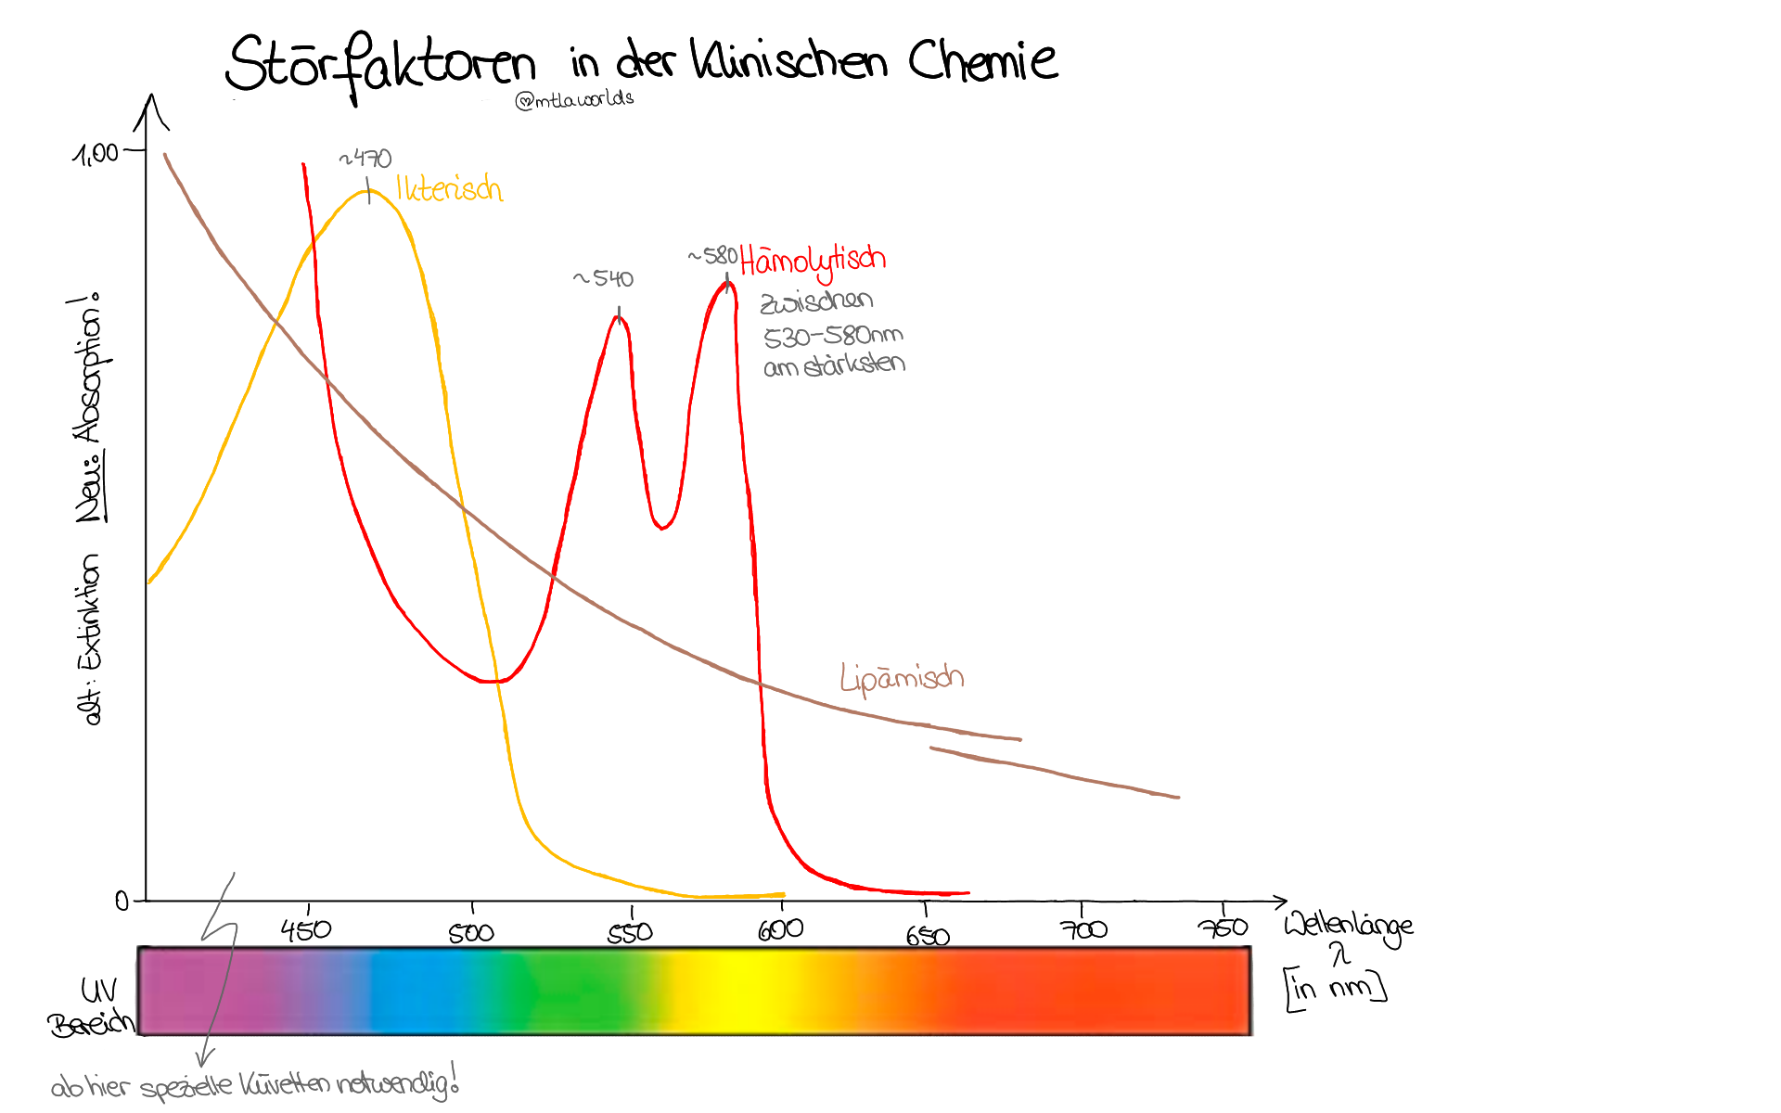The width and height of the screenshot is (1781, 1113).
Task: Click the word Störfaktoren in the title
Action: pyautogui.click(x=380, y=65)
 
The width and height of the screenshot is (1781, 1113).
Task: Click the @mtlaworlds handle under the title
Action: pyautogui.click(x=575, y=99)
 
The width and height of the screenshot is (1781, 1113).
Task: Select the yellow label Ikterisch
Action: pyautogui.click(x=449, y=188)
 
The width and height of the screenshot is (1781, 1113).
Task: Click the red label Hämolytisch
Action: pyautogui.click(x=814, y=261)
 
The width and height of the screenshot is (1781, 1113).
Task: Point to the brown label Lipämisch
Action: pyautogui.click(x=902, y=678)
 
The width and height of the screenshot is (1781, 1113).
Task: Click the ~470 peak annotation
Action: pyautogui.click(x=365, y=159)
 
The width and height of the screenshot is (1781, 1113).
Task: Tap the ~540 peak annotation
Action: pyautogui.click(x=604, y=278)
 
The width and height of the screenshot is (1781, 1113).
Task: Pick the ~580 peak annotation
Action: pyautogui.click(x=712, y=255)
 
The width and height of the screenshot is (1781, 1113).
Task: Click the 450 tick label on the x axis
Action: pyautogui.click(x=306, y=929)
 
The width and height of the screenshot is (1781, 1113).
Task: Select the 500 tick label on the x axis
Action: pyautogui.click(x=471, y=932)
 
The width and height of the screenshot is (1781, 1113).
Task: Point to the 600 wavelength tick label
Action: pyautogui.click(x=780, y=929)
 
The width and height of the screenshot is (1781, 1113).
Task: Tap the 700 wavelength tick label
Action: pyautogui.click(x=1083, y=929)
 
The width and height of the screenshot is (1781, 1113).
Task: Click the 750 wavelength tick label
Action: pyautogui.click(x=1223, y=927)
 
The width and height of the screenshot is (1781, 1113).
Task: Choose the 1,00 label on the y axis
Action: pyautogui.click(x=96, y=153)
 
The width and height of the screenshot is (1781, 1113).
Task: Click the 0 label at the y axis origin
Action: pyautogui.click(x=122, y=901)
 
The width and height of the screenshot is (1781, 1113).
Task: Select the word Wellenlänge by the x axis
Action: pyautogui.click(x=1348, y=926)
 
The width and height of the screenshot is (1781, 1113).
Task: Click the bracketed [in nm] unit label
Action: pyautogui.click(x=1336, y=989)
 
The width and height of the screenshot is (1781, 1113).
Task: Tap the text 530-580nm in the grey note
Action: pyautogui.click(x=832, y=335)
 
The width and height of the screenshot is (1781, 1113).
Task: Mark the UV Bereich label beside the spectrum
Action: pyautogui.click(x=93, y=1007)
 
